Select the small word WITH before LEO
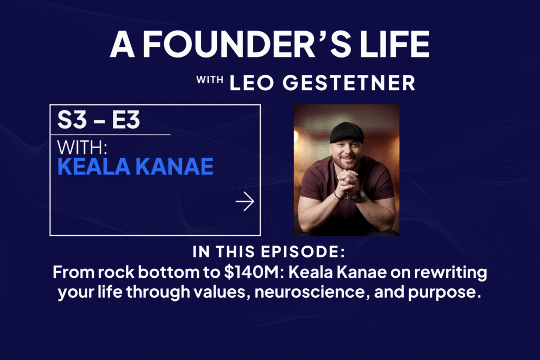[x=210, y=80]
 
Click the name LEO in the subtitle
[x=252, y=83]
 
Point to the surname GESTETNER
[x=349, y=83]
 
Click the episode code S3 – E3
[x=99, y=120]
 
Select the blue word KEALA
[x=94, y=167]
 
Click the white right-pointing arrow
[x=245, y=201]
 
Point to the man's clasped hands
[x=346, y=180]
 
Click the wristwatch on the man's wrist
[x=359, y=196]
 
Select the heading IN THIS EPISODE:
[x=268, y=252]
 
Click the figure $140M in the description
[x=250, y=272]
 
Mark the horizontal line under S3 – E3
[x=110, y=134]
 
